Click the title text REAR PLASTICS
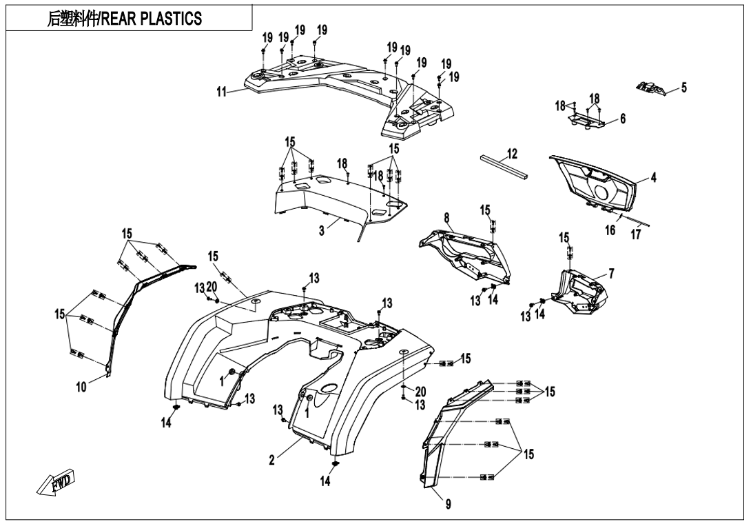[x=124, y=19]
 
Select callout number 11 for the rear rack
[x=221, y=93]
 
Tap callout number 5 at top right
[x=683, y=88]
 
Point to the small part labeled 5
[x=650, y=88]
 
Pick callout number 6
[x=622, y=119]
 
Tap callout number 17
[x=635, y=234]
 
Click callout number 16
[x=610, y=230]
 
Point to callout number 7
[x=611, y=274]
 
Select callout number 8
[x=447, y=218]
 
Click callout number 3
[x=321, y=231]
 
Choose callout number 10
[x=81, y=387]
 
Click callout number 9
[x=448, y=505]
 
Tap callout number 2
[x=272, y=460]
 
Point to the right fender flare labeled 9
[x=448, y=434]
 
